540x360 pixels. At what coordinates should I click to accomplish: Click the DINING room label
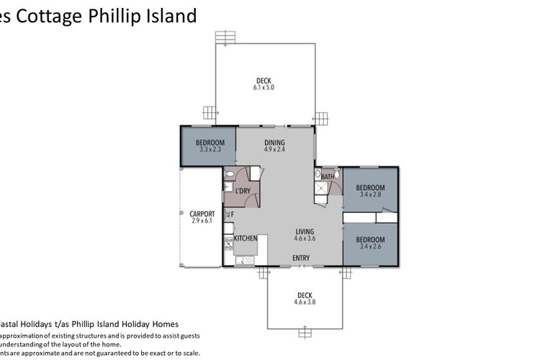[x=274, y=143]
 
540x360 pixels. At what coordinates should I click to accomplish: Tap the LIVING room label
[x=305, y=232]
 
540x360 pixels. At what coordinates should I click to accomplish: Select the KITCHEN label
[x=246, y=238]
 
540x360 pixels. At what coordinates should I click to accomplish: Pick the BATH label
[x=328, y=176]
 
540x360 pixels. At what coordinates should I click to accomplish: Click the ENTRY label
[x=302, y=258]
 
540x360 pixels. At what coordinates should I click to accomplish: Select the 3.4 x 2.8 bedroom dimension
[x=370, y=194]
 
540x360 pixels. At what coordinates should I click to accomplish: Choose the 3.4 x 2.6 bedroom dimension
[x=370, y=247]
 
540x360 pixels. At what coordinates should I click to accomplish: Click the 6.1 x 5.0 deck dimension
[x=264, y=87]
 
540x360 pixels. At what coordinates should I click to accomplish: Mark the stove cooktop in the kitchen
[x=230, y=245]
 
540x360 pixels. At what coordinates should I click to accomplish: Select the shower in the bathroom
[x=321, y=189]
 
